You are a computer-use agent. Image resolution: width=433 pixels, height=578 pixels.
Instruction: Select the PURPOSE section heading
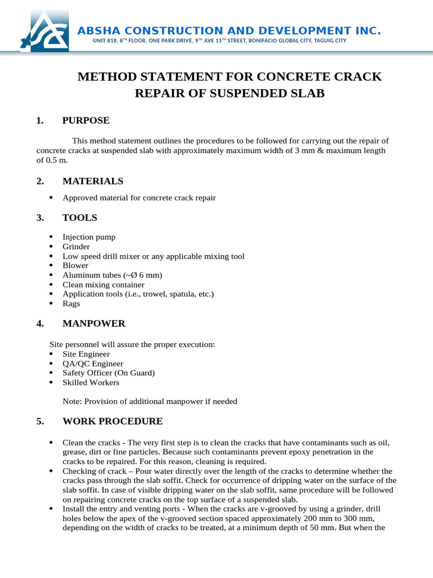(86, 120)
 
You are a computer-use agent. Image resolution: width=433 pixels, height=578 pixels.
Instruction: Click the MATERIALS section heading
(92, 181)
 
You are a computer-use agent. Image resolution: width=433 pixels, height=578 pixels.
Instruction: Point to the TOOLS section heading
(79, 217)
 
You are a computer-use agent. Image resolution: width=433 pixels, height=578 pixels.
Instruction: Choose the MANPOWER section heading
(94, 323)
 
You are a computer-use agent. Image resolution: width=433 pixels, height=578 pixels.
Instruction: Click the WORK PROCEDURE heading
(112, 421)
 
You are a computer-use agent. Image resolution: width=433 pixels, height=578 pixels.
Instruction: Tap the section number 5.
(39, 421)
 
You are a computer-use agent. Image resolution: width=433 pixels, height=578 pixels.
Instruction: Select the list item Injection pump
(89, 237)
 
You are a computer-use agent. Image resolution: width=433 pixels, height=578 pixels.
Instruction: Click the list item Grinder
(76, 247)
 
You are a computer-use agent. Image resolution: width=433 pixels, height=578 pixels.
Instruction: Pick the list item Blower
(75, 265)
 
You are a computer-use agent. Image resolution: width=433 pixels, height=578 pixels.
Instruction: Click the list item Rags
(71, 304)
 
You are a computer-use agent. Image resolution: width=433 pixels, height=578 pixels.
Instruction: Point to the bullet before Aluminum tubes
(51, 275)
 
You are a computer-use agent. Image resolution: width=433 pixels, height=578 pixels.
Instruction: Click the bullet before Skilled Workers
(51, 382)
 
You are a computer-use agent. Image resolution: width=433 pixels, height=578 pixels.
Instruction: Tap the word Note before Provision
(72, 401)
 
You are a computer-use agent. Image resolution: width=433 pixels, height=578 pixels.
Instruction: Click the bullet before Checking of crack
(51, 471)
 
